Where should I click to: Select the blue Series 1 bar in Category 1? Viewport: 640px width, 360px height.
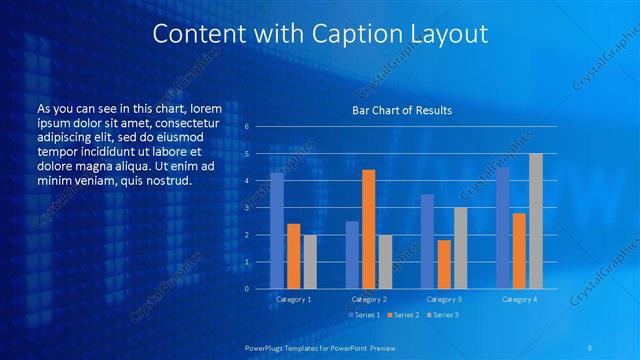click(x=277, y=231)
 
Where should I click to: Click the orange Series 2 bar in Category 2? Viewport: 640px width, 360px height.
click(x=368, y=229)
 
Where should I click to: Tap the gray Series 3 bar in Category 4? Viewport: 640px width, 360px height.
click(x=535, y=221)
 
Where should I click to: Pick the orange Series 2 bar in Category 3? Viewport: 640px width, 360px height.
click(x=443, y=264)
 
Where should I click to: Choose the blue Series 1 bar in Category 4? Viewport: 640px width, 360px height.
click(x=502, y=228)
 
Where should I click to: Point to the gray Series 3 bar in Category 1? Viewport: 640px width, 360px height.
click(x=310, y=261)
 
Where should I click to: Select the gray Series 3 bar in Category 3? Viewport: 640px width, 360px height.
click(x=460, y=248)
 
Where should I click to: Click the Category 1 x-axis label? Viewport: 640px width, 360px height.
click(x=293, y=299)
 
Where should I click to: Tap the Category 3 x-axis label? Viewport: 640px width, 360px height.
click(x=443, y=299)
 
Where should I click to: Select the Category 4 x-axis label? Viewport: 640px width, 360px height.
click(x=518, y=299)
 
